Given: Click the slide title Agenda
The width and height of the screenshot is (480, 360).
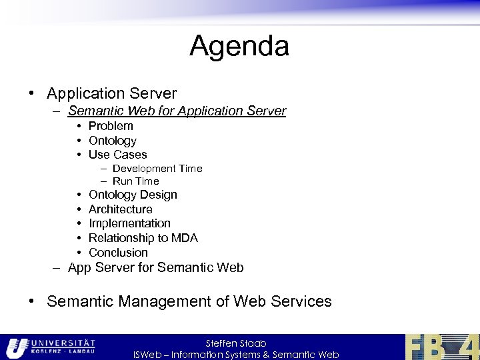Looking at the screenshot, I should (x=239, y=47).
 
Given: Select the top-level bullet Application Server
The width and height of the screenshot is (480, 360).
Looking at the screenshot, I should (x=111, y=93).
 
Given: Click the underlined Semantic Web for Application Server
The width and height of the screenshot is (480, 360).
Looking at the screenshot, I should (x=177, y=111).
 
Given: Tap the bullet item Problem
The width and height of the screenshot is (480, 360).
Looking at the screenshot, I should (x=111, y=126).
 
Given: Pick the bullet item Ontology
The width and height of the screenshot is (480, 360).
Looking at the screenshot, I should (x=112, y=141).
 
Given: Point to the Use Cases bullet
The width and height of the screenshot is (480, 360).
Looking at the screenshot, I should (x=117, y=155).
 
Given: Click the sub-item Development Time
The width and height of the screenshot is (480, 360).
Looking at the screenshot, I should (x=157, y=169).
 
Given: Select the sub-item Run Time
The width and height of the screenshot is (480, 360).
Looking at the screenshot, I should (x=135, y=181).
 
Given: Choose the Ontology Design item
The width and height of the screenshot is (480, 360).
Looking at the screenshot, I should (x=133, y=195).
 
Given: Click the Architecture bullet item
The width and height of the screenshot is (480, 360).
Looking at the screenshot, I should (x=120, y=209).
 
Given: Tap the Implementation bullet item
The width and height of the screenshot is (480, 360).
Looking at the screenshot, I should (x=129, y=223).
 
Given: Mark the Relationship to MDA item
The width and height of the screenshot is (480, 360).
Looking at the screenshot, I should (x=143, y=238).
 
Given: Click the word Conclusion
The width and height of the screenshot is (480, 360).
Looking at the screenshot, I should (x=118, y=253).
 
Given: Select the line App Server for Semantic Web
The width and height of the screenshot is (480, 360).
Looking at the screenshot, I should (x=155, y=268).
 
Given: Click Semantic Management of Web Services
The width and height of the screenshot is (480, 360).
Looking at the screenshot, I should (x=189, y=301).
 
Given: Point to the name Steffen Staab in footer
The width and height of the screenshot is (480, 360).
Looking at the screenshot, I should (x=236, y=343).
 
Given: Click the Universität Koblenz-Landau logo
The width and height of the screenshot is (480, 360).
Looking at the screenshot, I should (x=51, y=347).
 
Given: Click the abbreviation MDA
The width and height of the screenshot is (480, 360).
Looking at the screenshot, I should (x=185, y=238).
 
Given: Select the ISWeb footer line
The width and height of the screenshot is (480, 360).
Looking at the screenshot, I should (x=236, y=355).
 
